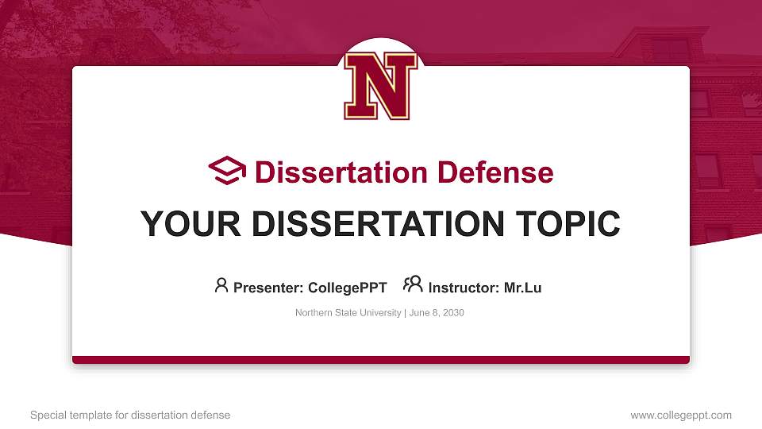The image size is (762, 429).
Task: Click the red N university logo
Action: [380, 86]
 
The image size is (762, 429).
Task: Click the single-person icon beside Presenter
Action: [221, 285]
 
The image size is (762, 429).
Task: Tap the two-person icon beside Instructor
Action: [413, 284]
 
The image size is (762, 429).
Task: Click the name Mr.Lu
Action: [522, 288]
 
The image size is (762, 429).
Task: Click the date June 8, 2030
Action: [437, 313]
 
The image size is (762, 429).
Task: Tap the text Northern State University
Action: [348, 313]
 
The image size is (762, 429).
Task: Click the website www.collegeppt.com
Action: [681, 415]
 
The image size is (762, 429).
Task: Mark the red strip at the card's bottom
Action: [381, 360]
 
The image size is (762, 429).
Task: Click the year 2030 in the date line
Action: [453, 313]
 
